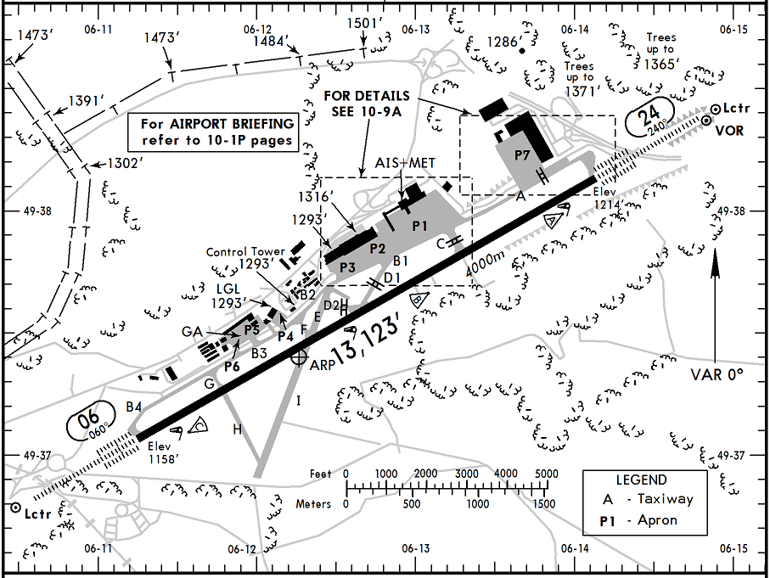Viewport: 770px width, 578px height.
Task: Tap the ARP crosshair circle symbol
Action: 297,359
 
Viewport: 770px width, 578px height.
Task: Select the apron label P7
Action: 522,156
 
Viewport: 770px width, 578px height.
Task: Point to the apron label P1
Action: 419,227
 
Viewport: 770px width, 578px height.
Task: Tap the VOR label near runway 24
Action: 731,131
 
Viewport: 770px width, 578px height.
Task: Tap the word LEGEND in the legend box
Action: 642,480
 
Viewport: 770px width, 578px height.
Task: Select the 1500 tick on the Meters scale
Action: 545,504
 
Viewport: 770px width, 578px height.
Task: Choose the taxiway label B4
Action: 132,407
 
